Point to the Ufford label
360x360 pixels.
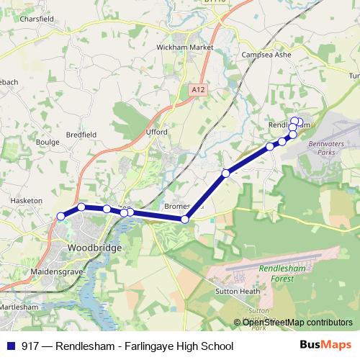[156, 132]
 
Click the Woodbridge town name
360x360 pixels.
[94, 247]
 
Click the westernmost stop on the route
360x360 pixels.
[61, 216]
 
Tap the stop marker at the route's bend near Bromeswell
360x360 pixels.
[185, 219]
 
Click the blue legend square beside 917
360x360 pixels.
[11, 346]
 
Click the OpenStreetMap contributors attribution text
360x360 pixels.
[297, 323]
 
